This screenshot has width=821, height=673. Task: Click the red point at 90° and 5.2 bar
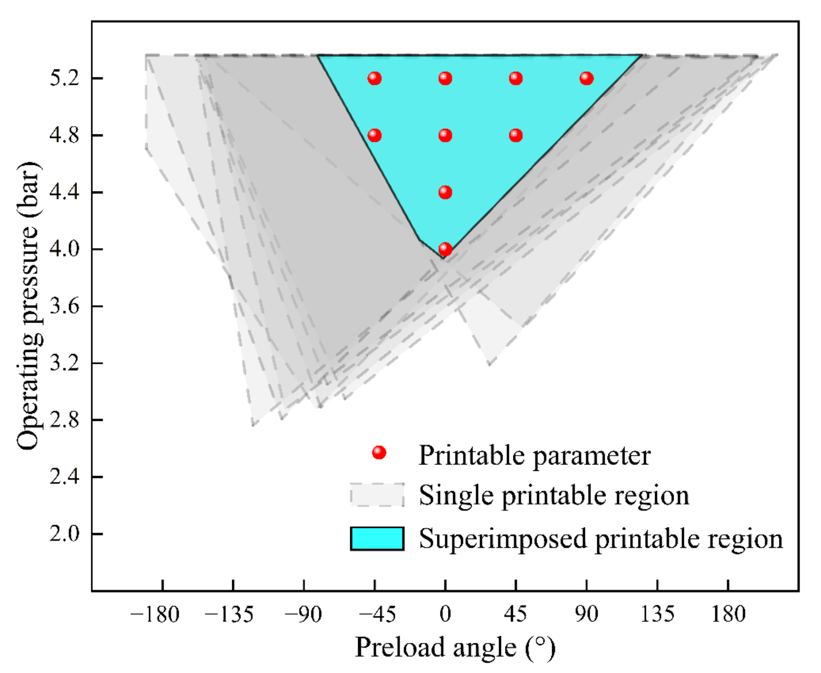click(x=586, y=78)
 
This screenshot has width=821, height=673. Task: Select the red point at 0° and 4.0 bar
click(x=445, y=249)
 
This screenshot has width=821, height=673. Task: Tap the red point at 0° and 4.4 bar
click(x=445, y=192)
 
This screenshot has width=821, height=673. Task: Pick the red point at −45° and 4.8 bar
click(x=374, y=135)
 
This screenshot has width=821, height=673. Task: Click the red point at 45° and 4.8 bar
click(x=516, y=135)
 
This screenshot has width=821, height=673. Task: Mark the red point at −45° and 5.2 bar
click(x=374, y=78)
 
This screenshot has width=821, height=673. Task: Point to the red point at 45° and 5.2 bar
click(x=516, y=78)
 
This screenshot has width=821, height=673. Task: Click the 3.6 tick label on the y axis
click(x=64, y=306)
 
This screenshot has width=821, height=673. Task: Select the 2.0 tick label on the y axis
click(x=64, y=534)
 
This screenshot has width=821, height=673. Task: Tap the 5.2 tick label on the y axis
click(x=64, y=78)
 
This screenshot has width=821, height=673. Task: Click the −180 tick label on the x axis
click(x=155, y=615)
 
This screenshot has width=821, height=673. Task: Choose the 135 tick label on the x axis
click(x=657, y=615)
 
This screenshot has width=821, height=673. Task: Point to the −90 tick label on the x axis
click(x=303, y=615)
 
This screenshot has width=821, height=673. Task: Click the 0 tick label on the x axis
click(x=445, y=615)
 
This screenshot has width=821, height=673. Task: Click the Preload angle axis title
click(x=455, y=648)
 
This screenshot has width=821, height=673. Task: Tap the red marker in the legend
click(x=379, y=452)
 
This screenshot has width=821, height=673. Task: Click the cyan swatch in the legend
click(x=377, y=539)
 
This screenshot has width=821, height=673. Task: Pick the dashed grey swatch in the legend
click(x=377, y=495)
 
